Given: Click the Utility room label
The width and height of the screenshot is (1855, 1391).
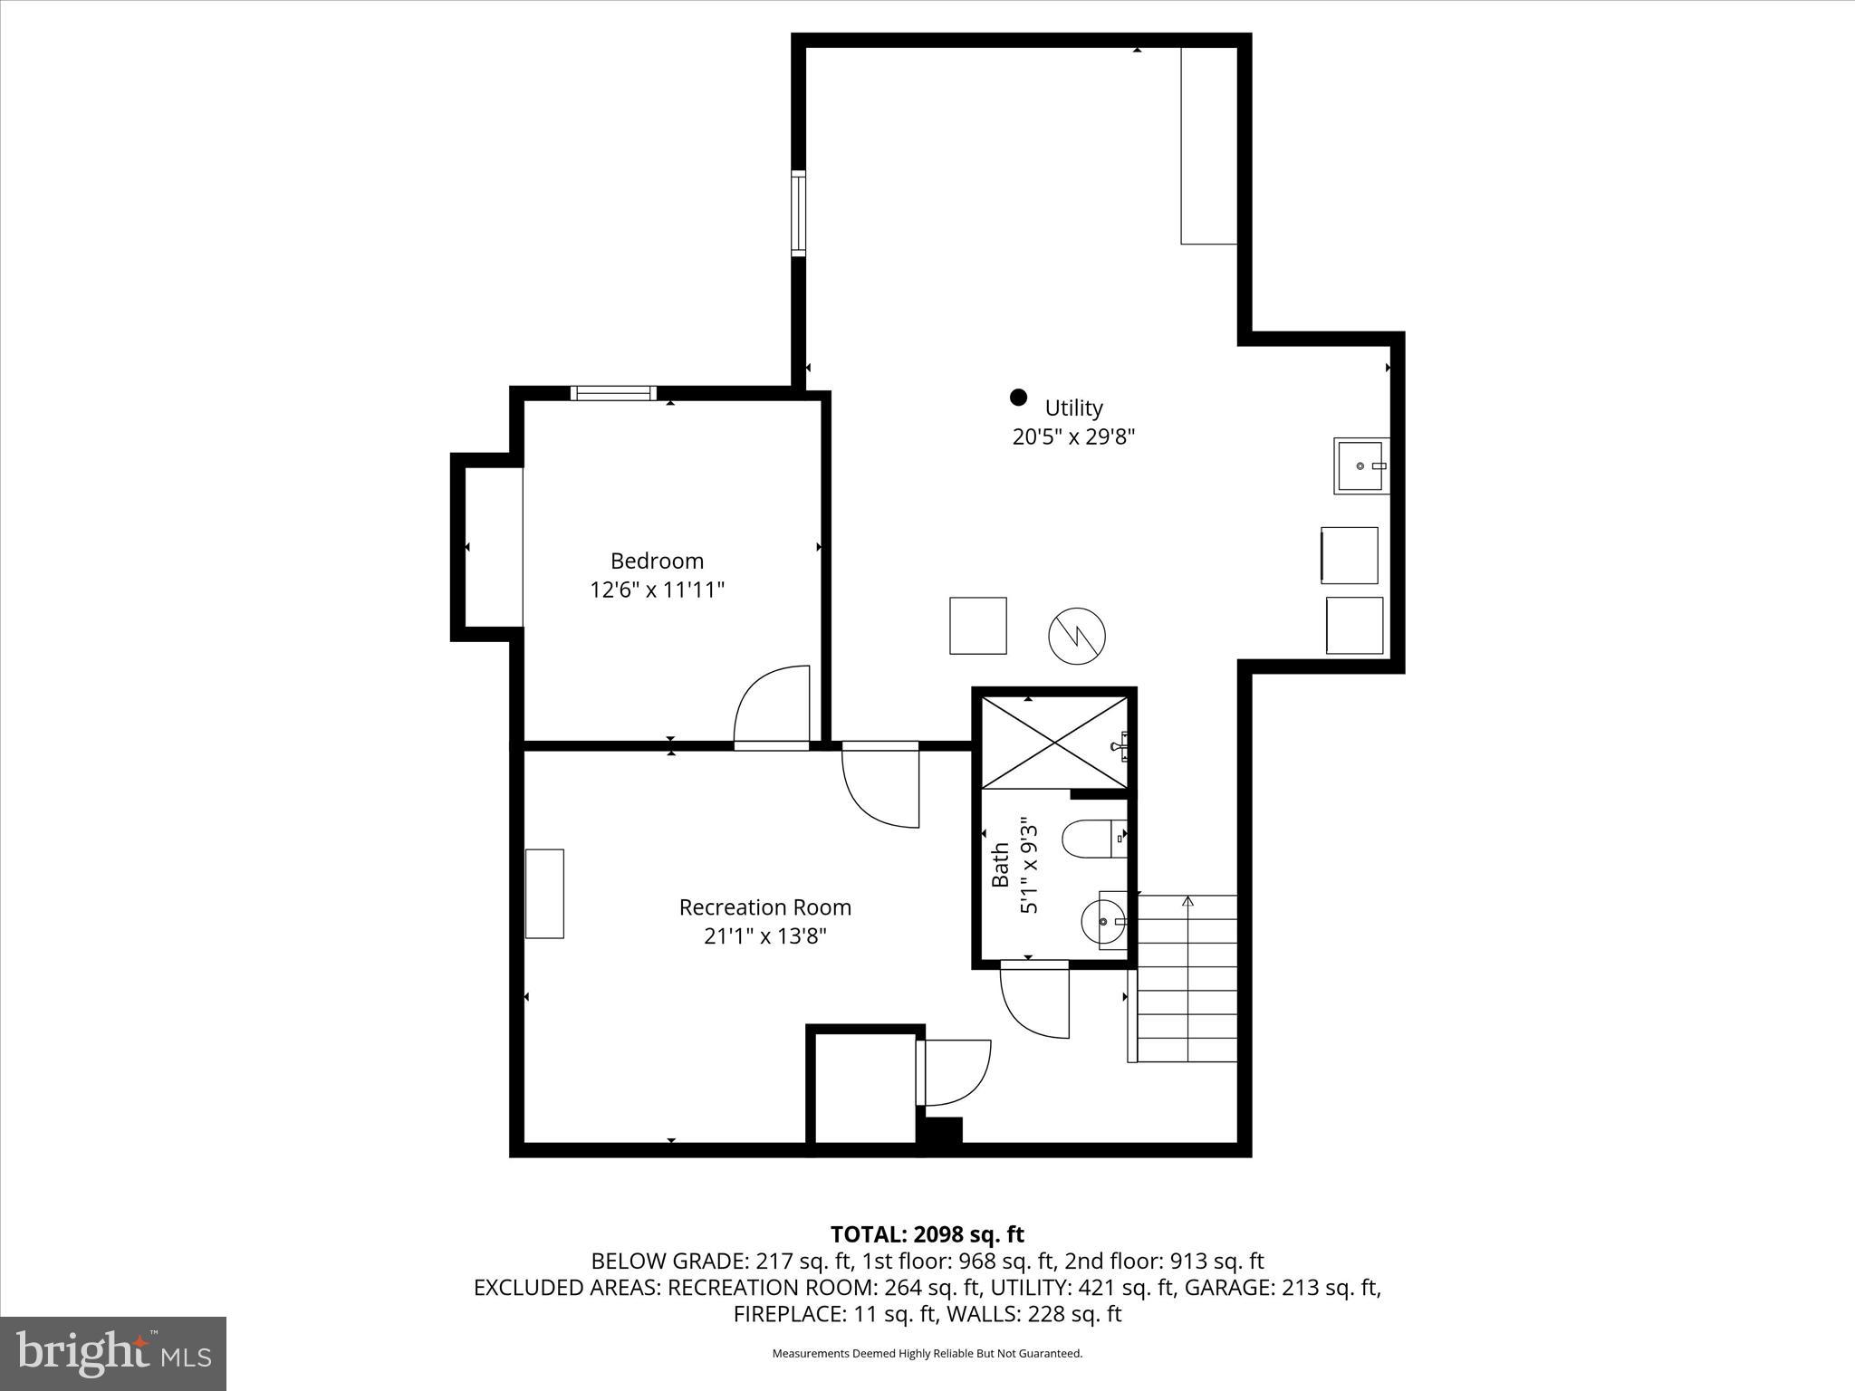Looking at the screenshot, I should pos(1073,408).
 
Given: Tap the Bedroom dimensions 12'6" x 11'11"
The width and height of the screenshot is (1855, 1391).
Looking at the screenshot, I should pos(657,590).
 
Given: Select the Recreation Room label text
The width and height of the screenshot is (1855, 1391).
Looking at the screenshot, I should pos(764,907).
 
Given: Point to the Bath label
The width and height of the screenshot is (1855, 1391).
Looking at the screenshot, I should pos(1000,865).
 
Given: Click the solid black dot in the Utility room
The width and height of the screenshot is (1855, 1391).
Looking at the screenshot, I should pos(1018,397).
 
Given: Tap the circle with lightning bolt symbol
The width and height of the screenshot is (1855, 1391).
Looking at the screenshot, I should pos(1077,636).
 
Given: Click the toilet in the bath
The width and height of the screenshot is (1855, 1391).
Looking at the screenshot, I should pos(1091,839).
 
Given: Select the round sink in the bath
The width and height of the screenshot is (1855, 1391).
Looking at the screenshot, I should pos(1103,921).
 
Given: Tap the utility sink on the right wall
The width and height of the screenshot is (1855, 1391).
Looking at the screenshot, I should pos(1360,465).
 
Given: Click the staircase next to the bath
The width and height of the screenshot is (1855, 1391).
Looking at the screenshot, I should pos(1187,978).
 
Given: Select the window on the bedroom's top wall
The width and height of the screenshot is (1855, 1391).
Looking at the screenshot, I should pos(613,393).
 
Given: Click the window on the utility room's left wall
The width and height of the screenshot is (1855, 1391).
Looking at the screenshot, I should pos(798,213).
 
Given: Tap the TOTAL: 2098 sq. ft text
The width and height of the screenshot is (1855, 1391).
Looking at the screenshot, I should pos(927,1234).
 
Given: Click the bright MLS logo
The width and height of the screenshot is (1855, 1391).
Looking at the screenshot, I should pos(112,1353).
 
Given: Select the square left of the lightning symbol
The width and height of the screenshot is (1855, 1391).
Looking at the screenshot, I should pos(977,625).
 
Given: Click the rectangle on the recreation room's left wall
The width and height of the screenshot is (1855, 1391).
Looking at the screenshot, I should pos(544,893).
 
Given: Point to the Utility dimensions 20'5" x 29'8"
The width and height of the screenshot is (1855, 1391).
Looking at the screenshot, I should pos(1073,436).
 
